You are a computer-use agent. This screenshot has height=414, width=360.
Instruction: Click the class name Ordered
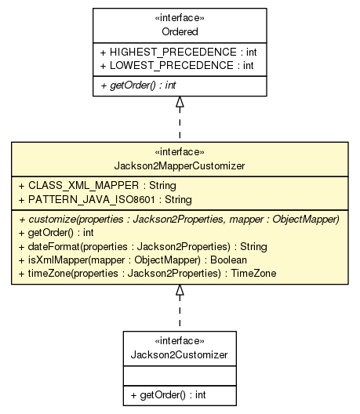180,32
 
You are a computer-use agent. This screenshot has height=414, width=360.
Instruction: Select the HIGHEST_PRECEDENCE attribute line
179,53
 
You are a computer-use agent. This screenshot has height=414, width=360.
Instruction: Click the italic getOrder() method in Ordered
137,84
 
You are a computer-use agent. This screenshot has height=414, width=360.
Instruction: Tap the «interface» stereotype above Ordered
180,20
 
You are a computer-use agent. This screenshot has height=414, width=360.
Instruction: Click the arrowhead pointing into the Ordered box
180,103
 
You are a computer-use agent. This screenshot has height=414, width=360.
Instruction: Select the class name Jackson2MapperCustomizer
180,165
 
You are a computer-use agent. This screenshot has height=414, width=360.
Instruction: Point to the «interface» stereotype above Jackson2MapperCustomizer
180,152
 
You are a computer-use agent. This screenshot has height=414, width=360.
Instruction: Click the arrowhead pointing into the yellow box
180,291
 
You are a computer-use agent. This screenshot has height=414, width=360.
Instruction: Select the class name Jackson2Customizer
180,354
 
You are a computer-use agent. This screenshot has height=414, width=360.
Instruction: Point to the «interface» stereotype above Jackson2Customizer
180,341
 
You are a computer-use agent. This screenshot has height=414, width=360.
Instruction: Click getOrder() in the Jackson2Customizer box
168,395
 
